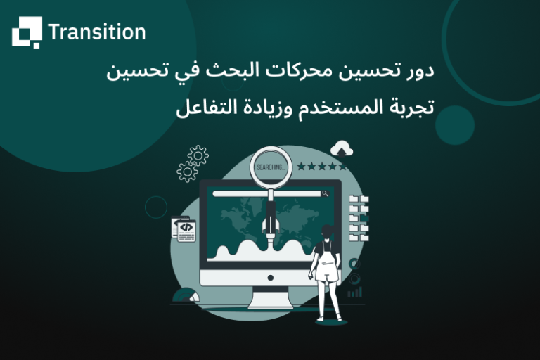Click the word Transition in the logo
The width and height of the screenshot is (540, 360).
pos(96,32)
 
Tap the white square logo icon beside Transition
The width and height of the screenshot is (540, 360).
pos(27,32)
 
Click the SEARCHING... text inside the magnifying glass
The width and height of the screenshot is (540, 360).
pos(271,167)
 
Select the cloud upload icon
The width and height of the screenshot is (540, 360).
pos(342,148)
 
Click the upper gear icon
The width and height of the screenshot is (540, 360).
pos(198,155)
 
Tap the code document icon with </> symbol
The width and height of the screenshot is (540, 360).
pos(186,229)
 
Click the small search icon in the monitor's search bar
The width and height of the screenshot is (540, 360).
pos(325,193)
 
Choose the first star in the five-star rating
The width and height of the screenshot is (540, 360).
pos(302,167)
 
